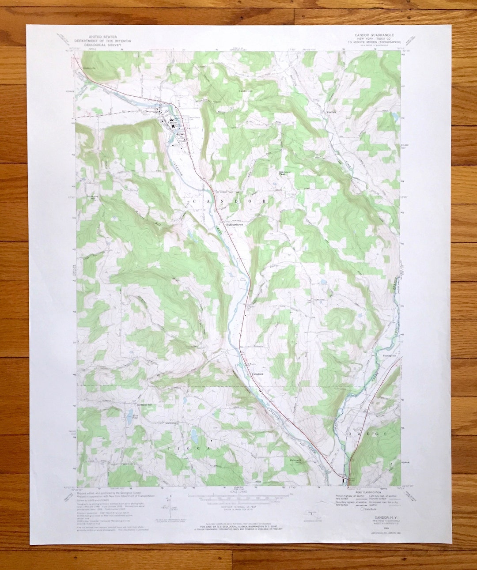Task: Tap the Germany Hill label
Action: pyautogui.click(x=144, y=405)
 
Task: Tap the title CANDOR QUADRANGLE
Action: pyautogui.click(x=374, y=34)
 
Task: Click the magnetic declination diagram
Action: pyautogui.click(x=168, y=508)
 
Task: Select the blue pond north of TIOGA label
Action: pyautogui.click(x=194, y=436)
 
